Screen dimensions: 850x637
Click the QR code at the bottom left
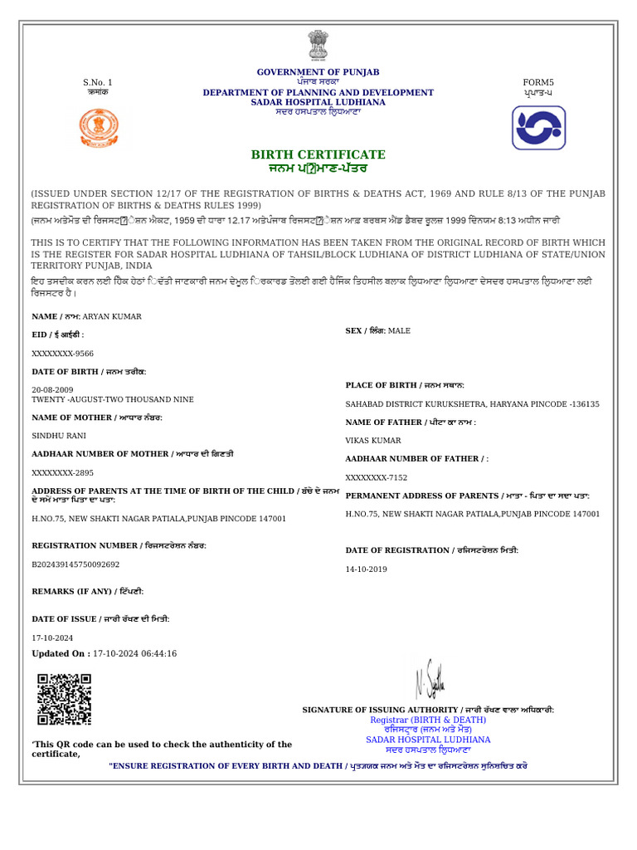(x=64, y=700)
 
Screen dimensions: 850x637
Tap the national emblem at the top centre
(x=318, y=46)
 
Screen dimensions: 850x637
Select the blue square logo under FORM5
(x=538, y=128)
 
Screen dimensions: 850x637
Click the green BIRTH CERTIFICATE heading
(x=318, y=154)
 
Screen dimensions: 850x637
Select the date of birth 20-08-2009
(x=52, y=389)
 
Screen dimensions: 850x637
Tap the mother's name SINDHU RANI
(x=59, y=435)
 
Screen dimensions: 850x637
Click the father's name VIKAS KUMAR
(x=373, y=441)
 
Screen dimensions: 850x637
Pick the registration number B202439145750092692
(x=75, y=564)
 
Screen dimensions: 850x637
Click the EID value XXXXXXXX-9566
(x=63, y=353)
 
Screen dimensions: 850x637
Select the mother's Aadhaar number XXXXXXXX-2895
(x=63, y=472)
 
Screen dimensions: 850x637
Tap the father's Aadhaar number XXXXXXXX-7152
(x=377, y=477)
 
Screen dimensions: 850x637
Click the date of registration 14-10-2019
(x=367, y=569)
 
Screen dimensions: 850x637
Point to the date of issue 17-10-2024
(x=52, y=637)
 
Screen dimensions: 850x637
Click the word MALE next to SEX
(x=399, y=330)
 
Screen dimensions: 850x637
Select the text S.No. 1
(x=97, y=82)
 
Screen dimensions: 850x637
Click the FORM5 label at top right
(x=537, y=82)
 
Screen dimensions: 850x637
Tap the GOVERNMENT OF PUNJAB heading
(x=318, y=72)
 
